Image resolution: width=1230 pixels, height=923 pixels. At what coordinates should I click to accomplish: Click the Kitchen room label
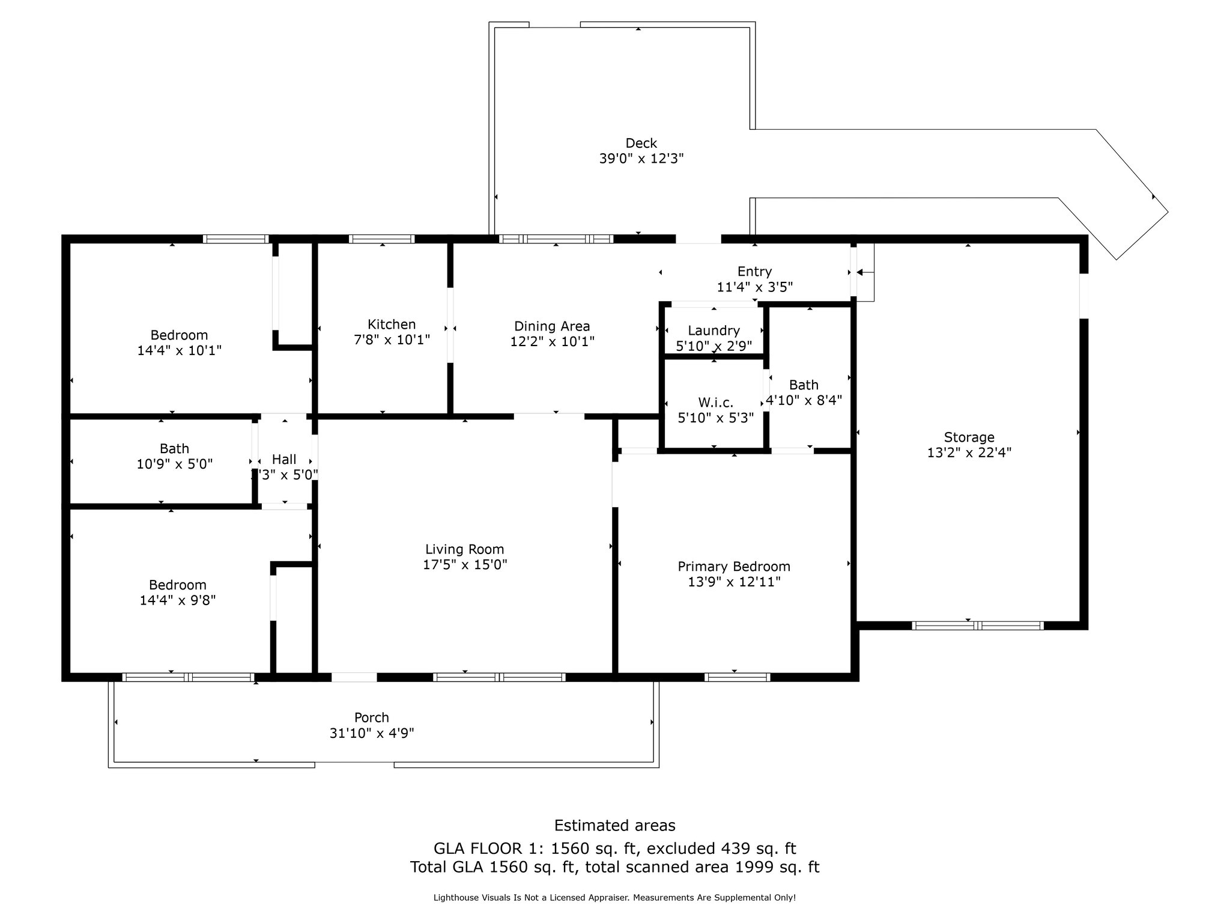click(392, 324)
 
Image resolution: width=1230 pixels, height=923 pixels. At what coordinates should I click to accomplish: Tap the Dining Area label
click(552, 326)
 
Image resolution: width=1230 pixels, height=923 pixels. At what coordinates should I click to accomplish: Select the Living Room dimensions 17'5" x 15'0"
click(465, 565)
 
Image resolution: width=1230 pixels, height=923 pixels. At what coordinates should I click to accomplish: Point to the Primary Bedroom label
click(734, 567)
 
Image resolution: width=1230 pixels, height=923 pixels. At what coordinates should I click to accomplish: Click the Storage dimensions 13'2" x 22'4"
click(969, 452)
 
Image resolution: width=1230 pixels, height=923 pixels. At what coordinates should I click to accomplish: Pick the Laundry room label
click(713, 331)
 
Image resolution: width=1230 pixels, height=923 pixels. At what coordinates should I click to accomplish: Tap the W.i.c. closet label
click(715, 403)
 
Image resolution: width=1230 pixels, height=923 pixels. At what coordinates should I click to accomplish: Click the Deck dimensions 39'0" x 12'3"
click(641, 159)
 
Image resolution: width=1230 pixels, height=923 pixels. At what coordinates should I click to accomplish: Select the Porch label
click(372, 717)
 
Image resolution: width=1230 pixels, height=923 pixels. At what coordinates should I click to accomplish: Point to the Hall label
click(284, 460)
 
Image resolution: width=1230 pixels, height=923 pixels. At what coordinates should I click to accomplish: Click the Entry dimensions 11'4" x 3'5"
click(755, 287)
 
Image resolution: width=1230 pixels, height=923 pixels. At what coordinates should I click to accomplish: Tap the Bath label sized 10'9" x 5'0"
click(175, 449)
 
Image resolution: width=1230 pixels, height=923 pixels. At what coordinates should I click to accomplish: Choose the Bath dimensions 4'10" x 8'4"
click(804, 400)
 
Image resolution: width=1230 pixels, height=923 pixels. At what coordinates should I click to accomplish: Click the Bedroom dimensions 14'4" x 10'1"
click(180, 350)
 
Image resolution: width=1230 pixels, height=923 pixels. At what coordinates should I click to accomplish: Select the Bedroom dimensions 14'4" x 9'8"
click(178, 600)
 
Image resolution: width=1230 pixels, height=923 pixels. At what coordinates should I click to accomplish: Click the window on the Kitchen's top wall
click(382, 239)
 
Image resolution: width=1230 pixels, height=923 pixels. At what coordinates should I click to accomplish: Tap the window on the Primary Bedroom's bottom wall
click(737, 677)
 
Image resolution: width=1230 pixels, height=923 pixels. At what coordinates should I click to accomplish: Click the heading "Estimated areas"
click(615, 826)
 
